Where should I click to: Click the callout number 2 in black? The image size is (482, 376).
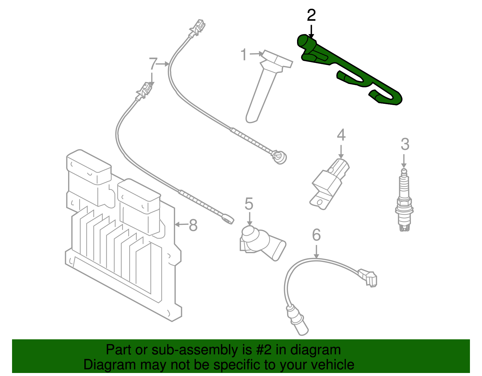(311, 16)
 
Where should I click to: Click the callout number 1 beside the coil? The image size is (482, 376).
(244, 55)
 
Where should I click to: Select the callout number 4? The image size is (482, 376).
(341, 135)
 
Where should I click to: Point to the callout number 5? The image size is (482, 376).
(249, 204)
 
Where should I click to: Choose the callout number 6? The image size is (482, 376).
(316, 235)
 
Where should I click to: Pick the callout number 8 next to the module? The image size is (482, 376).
(193, 225)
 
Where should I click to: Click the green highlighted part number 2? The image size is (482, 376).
(349, 69)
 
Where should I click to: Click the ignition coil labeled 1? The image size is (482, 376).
(265, 84)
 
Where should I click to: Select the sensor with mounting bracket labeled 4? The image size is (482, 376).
(330, 184)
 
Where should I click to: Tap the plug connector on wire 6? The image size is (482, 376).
(369, 278)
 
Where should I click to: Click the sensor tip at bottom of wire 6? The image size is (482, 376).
(301, 328)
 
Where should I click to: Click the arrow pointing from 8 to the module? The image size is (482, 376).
(181, 225)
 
